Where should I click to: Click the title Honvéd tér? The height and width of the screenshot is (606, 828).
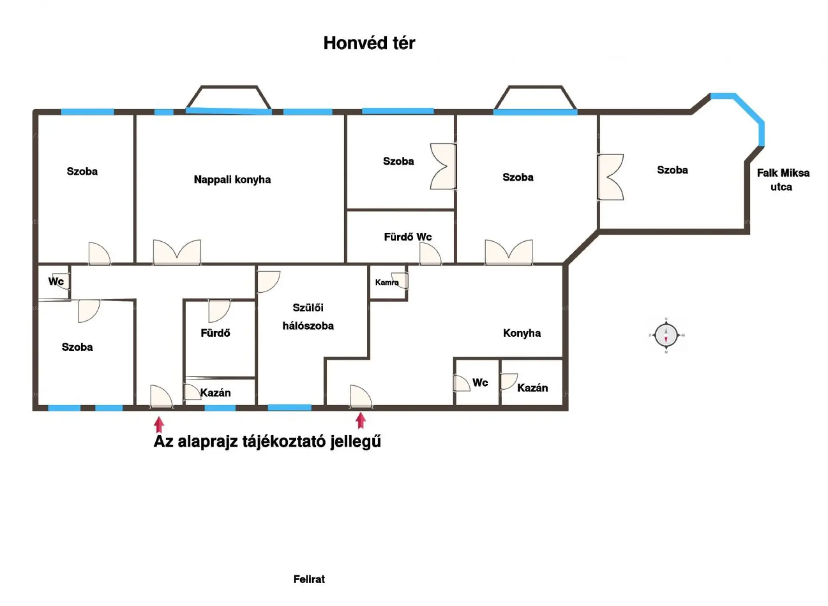click(369, 43)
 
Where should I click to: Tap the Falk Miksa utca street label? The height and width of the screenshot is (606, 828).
click(783, 180)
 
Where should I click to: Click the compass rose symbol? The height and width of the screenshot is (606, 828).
click(666, 335)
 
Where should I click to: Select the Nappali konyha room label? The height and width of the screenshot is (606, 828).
click(232, 180)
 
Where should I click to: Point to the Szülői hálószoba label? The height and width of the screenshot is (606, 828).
click(308, 317)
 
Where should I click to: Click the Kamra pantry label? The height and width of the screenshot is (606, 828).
click(386, 283)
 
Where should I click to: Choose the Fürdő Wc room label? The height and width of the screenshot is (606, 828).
click(408, 237)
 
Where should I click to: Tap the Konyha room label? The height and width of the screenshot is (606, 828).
click(522, 333)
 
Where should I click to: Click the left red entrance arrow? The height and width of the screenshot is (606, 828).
click(159, 425)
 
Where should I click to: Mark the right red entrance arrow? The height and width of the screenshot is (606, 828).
click(361, 421)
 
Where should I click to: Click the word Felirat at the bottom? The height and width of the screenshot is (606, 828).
click(309, 579)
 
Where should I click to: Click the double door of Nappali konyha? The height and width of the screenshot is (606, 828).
click(177, 252)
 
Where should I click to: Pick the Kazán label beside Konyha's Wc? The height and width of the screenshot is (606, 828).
click(533, 388)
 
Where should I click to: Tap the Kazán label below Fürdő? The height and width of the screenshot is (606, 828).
click(215, 393)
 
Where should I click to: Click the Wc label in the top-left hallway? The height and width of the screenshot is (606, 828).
click(56, 281)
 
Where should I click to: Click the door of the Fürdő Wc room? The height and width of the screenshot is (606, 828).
click(430, 253)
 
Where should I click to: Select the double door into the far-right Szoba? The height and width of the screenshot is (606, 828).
click(611, 177)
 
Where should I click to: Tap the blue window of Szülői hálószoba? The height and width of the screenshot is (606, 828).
click(290, 407)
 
